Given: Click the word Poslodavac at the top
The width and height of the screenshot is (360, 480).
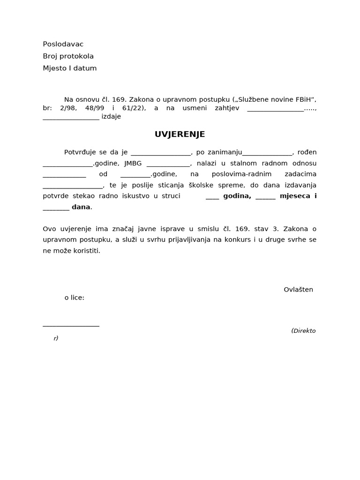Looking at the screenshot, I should coord(63,44).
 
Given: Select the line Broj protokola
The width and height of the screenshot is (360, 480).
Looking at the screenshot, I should coord(68,56).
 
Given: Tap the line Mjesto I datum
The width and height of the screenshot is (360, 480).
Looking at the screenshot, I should coord(69,68).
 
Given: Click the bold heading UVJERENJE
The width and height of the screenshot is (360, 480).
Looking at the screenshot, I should coord(180,135).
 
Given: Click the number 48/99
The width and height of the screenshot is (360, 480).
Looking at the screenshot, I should coord(95,108).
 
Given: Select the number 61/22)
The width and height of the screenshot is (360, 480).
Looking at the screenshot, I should coord(134,108).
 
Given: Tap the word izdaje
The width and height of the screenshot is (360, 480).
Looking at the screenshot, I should coord(111,117).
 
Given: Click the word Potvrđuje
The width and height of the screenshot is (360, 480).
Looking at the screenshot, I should coord(80,152).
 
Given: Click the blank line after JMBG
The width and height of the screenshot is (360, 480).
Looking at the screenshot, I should coord(168,165).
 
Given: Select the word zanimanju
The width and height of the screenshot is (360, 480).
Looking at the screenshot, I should coord(227,152).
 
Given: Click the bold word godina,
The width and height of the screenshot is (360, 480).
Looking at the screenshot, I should coord(237,196).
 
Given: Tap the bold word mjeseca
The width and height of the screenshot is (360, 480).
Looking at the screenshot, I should coord(295,196).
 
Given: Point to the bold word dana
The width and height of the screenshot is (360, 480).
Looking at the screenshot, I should coord(81,207).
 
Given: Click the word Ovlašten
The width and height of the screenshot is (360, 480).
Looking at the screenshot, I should coord(298,289).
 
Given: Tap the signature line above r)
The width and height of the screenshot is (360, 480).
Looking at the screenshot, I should coord(71,325).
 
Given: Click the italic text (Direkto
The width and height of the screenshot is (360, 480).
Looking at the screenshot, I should coord(303,330).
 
